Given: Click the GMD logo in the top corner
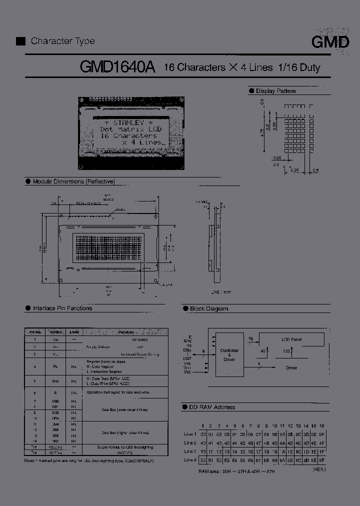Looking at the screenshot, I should [330, 42].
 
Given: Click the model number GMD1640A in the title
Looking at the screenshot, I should [118, 67].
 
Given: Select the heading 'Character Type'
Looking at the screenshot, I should [62, 41].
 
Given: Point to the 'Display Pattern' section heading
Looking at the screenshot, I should [275, 91].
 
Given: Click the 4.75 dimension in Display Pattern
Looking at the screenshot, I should [261, 131].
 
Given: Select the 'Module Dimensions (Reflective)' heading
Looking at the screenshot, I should [73, 181].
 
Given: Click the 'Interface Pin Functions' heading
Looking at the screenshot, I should [62, 308].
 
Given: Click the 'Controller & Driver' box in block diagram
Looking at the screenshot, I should [229, 354].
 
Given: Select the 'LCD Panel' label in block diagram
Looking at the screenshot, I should [291, 339].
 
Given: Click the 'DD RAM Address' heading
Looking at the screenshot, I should [211, 407].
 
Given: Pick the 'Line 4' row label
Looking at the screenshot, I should [190, 460].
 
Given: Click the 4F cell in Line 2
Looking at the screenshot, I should [321, 443].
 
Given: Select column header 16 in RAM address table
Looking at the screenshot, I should [321, 425].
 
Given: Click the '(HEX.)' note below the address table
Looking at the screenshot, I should [319, 470].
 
